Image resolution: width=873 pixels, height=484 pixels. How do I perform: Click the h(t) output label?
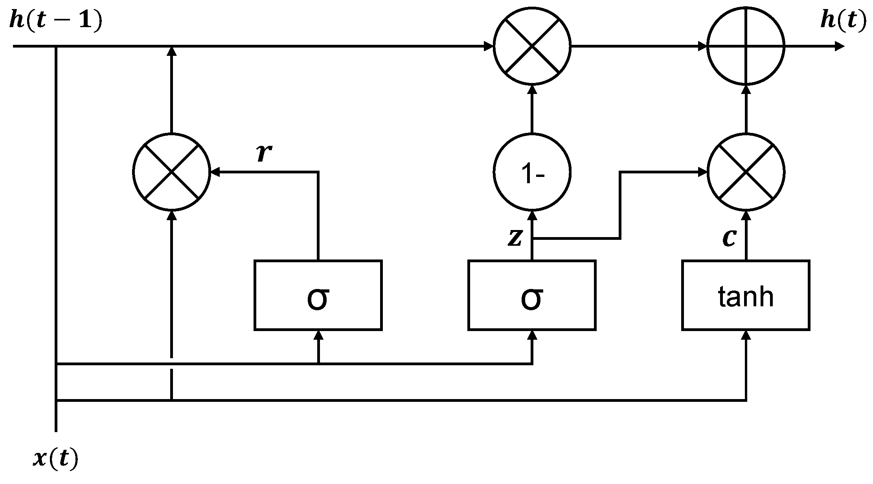click(x=843, y=20)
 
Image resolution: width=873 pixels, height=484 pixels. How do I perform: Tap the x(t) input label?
click(x=56, y=458)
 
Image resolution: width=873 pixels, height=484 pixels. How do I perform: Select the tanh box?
click(x=746, y=295)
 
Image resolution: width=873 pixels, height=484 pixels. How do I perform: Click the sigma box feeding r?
click(x=318, y=295)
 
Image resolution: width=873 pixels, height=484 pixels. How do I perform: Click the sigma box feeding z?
click(x=532, y=295)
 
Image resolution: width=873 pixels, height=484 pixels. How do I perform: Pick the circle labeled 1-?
click(x=532, y=172)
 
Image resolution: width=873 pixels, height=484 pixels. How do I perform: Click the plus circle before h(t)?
click(x=746, y=46)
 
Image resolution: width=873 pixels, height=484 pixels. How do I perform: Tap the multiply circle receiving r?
click(x=171, y=172)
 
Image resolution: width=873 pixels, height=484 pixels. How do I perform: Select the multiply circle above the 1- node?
click(x=532, y=46)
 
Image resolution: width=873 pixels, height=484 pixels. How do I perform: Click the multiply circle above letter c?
click(x=746, y=172)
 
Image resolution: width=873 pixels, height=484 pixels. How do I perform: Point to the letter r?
click(x=264, y=153)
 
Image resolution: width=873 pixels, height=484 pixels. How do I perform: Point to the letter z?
click(x=515, y=238)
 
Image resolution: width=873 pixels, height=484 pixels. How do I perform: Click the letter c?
click(x=729, y=238)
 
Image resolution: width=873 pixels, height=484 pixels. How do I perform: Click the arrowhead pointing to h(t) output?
click(x=840, y=46)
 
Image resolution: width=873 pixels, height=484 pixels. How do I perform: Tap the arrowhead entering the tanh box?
click(x=746, y=335)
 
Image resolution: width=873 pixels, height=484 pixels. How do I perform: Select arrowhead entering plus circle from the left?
click(x=702, y=46)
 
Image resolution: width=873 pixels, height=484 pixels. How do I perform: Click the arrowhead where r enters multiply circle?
click(x=215, y=172)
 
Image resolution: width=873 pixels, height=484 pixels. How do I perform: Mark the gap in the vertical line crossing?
click(x=171, y=363)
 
